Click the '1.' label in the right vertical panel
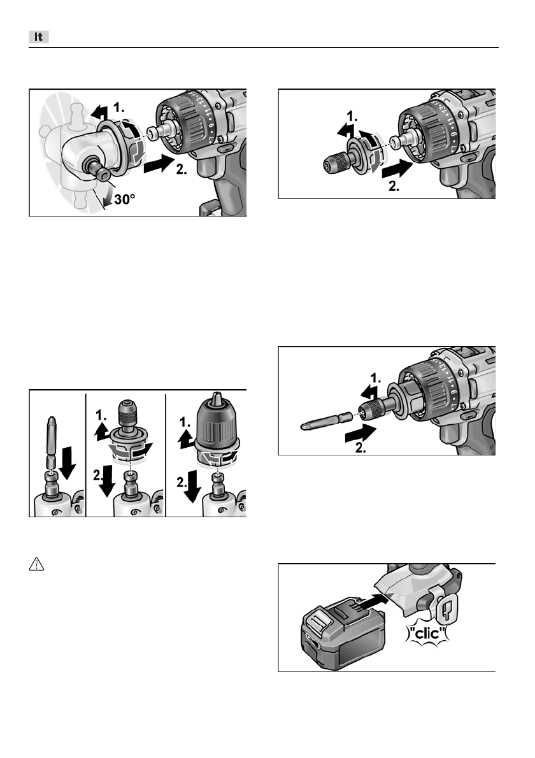pos(184,422)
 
